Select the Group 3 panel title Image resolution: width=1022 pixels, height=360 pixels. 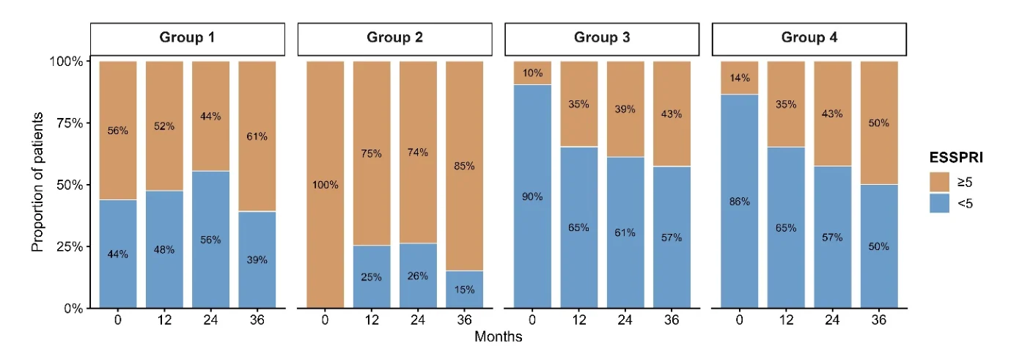602,37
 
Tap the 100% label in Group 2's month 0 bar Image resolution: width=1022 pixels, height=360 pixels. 326,185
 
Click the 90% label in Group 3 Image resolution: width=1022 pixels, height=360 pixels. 532,196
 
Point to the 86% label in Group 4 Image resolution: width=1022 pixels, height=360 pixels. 740,202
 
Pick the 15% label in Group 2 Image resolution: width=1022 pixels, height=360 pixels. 465,290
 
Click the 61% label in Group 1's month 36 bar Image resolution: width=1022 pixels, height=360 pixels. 257,136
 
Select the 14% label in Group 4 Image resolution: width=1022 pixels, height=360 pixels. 740,78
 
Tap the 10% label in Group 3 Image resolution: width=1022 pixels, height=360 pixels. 532,73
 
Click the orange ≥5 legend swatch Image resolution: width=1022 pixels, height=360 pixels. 939,182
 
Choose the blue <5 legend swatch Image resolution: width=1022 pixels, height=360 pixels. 939,203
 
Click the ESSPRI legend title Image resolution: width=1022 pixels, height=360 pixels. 956,158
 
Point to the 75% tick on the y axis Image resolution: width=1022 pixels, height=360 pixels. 70,123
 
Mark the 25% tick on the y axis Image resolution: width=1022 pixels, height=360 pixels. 70,247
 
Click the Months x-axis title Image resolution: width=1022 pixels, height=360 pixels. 499,337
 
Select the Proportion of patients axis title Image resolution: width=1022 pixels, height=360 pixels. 37,182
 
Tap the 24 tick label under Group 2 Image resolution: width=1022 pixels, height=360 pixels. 418,320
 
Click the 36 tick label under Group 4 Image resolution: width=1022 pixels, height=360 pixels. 879,320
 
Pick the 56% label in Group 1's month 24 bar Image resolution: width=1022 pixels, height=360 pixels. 210,240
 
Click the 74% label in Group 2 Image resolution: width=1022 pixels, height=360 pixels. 418,153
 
